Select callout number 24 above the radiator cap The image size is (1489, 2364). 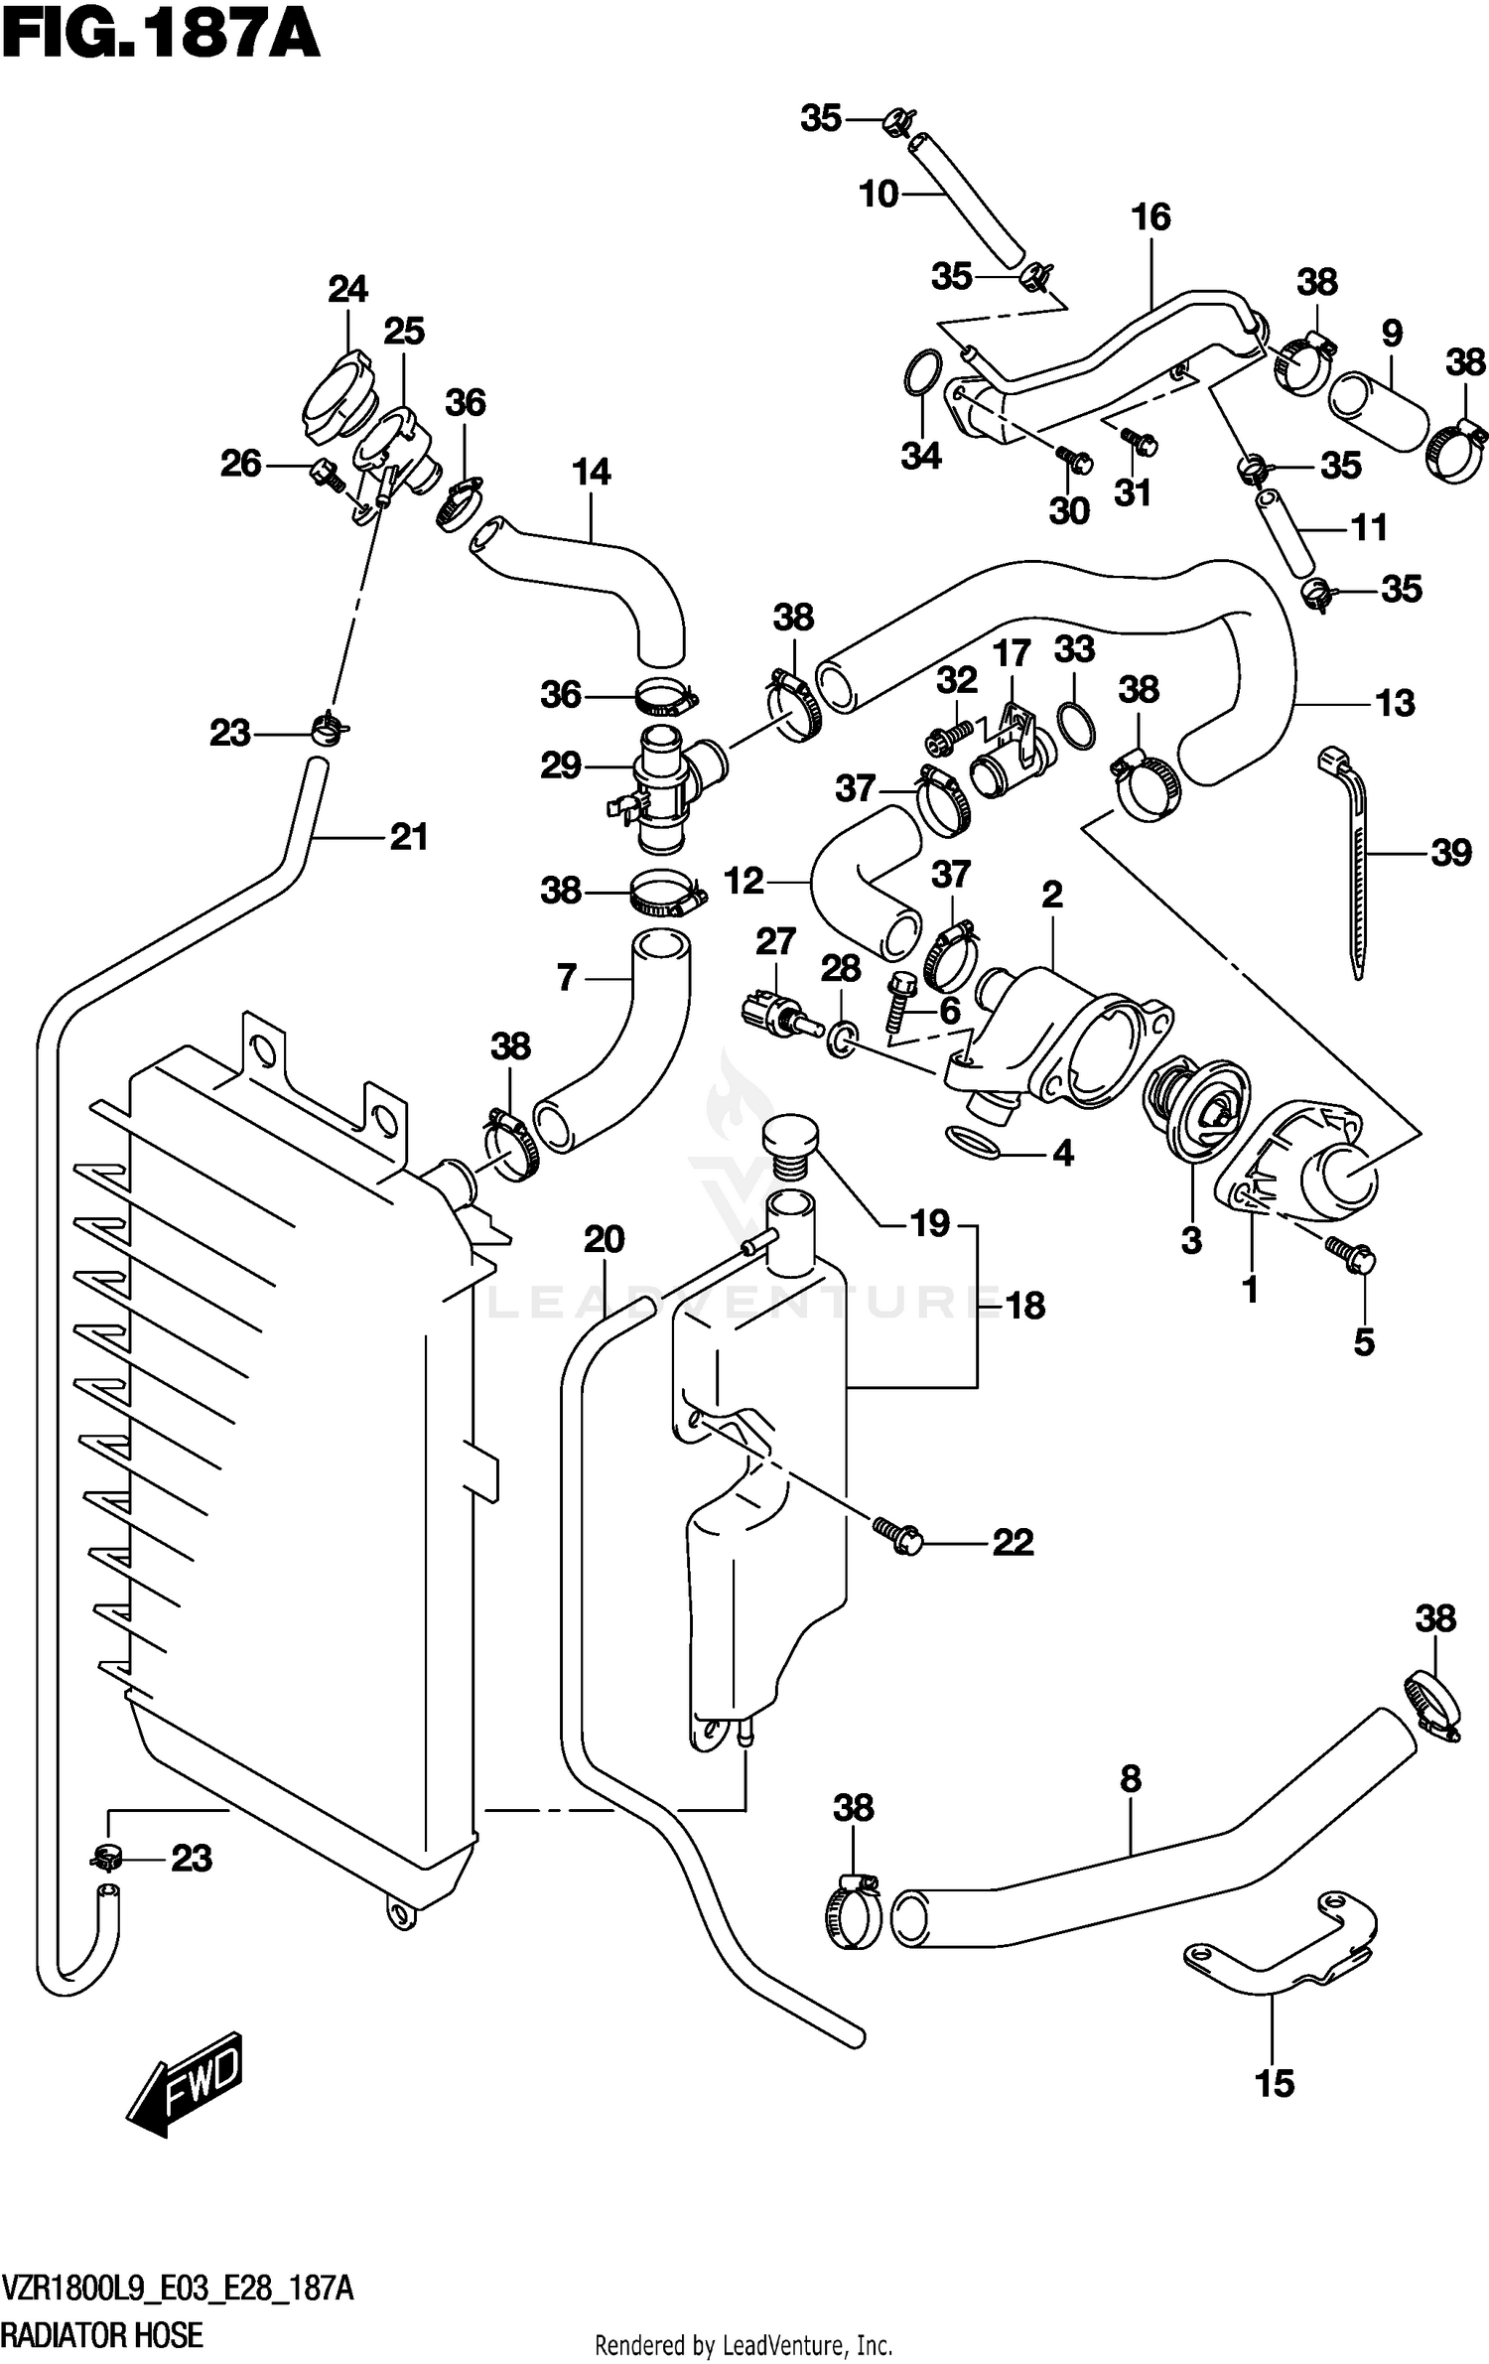click(x=347, y=289)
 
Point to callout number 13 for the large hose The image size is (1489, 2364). click(x=1395, y=703)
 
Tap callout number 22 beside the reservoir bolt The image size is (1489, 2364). click(x=1013, y=1542)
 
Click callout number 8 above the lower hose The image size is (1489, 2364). click(x=1131, y=1778)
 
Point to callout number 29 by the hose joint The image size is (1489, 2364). click(x=561, y=765)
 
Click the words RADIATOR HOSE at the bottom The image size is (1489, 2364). click(x=103, y=2334)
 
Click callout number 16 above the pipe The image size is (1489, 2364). click(x=1151, y=216)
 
